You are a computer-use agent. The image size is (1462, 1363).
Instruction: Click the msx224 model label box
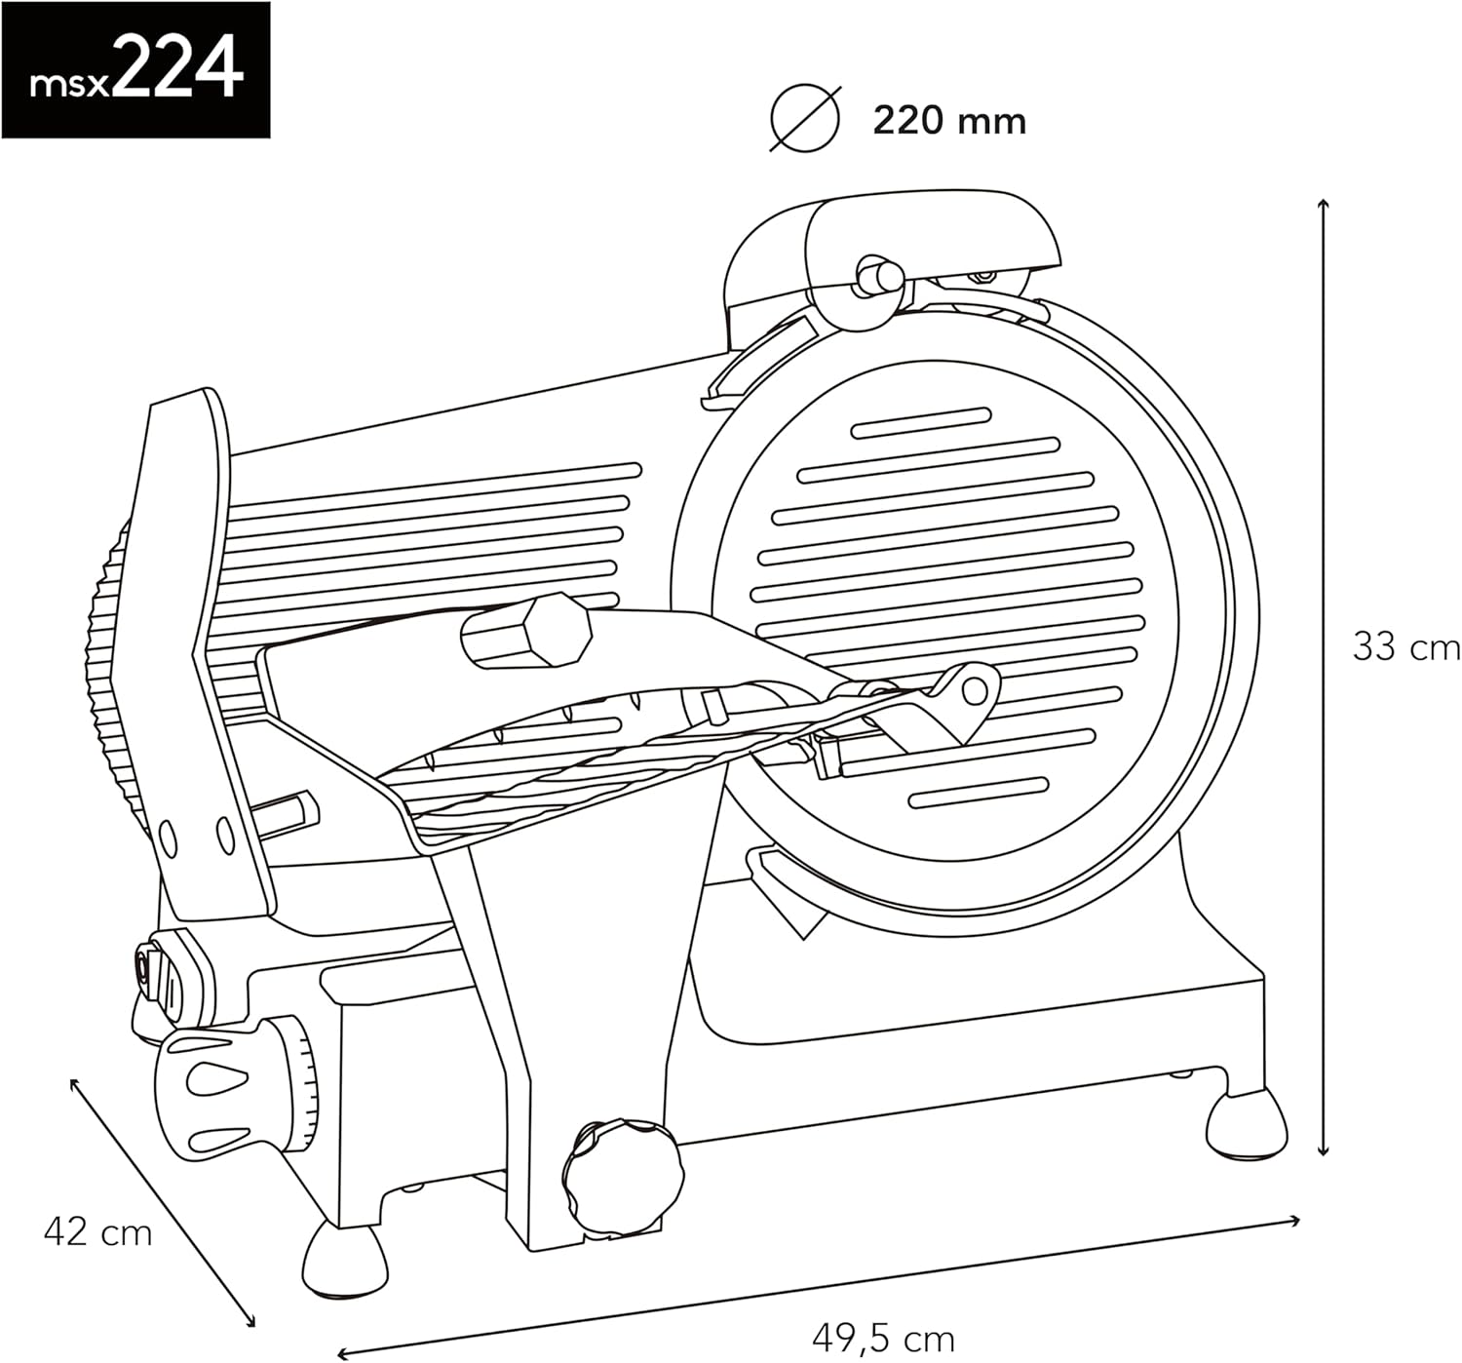point(135,70)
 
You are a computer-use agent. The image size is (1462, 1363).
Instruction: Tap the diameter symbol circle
point(804,119)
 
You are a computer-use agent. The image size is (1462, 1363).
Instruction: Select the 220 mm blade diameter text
point(948,121)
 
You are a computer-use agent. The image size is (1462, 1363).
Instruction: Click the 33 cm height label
point(1405,646)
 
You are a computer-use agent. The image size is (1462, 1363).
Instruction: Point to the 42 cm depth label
point(97,1232)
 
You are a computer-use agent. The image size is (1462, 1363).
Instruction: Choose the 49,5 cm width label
point(882,1338)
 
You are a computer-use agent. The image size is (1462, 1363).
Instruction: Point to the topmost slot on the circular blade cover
point(921,421)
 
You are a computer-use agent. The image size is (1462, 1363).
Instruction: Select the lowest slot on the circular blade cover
point(978,793)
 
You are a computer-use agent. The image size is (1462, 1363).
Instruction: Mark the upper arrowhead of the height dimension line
point(1323,204)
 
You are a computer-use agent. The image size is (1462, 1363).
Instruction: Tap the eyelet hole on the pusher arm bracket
point(974,690)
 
